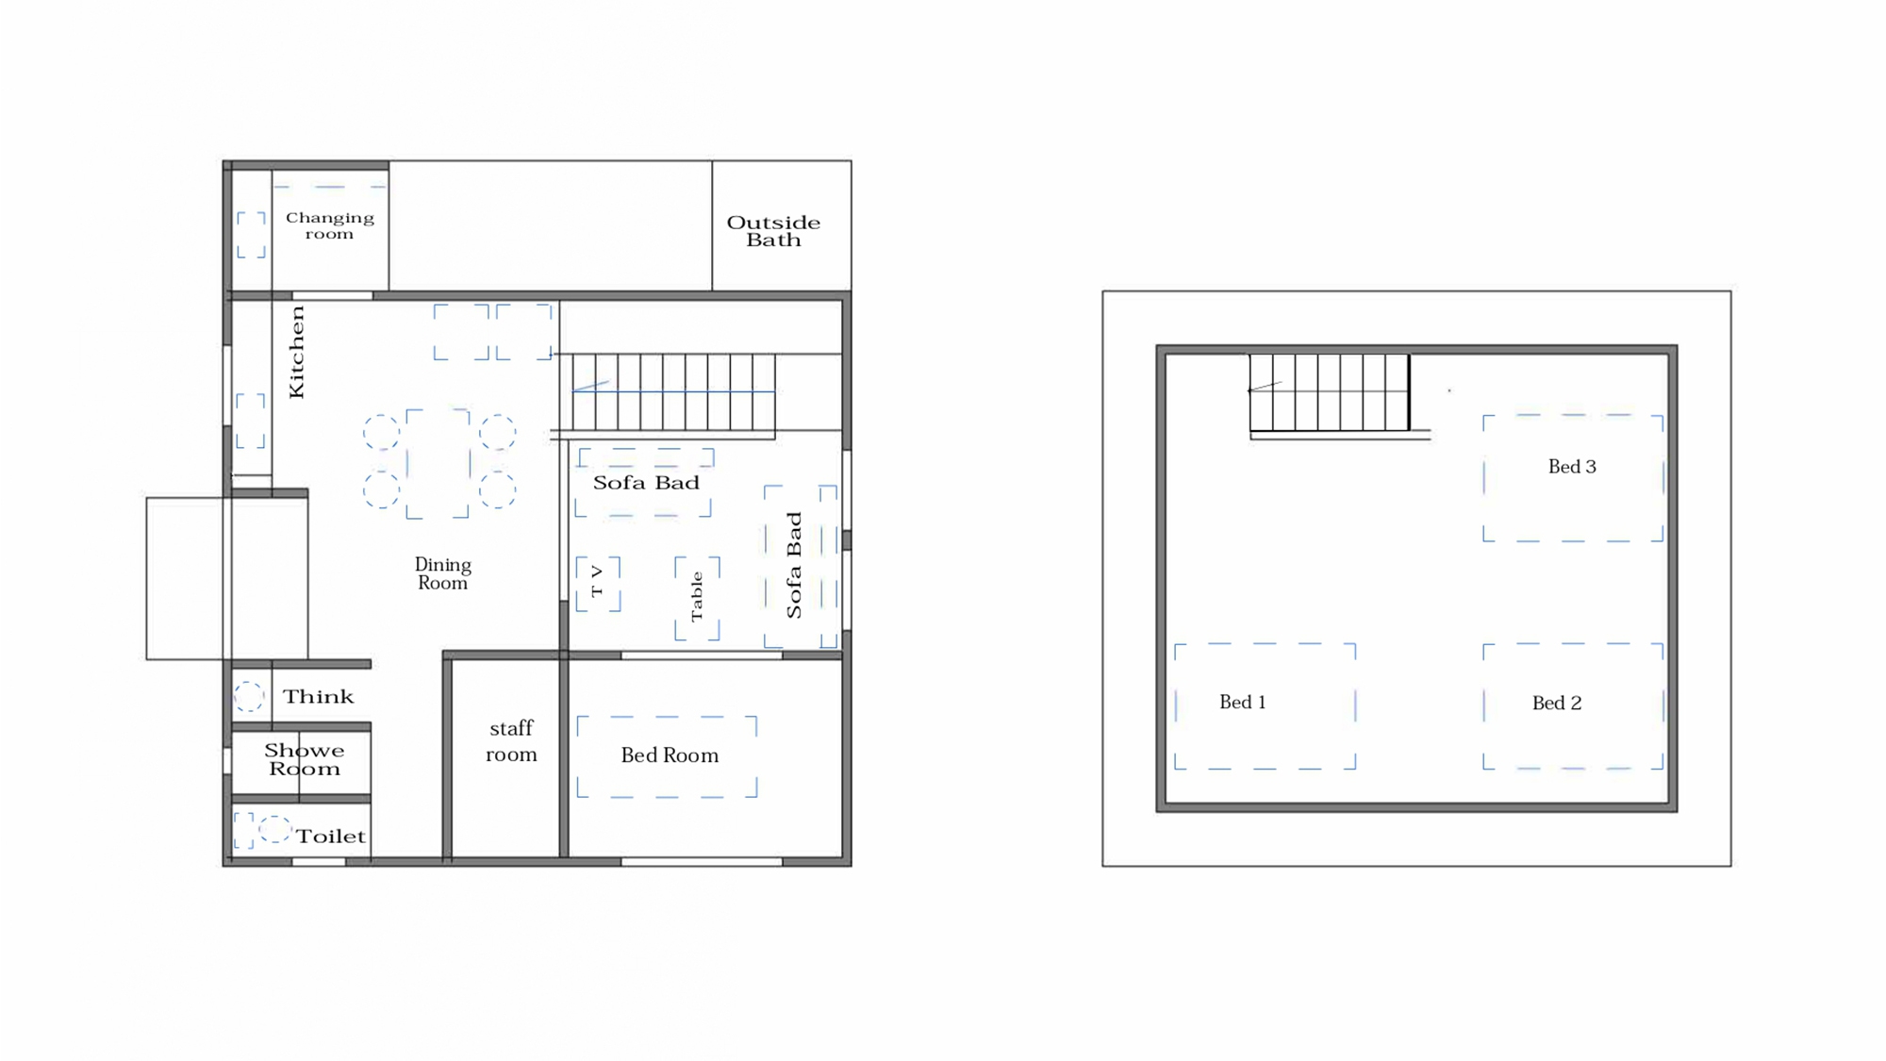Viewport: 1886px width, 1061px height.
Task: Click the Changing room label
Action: [329, 225]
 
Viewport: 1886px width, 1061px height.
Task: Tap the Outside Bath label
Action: [773, 231]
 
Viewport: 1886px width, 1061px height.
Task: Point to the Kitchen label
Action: [296, 352]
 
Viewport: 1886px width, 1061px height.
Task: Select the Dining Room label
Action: [442, 573]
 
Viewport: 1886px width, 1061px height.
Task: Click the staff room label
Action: [511, 741]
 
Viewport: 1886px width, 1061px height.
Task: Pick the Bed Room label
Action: [670, 755]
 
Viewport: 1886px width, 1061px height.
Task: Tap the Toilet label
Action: [330, 837]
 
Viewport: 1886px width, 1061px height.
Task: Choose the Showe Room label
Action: [304, 759]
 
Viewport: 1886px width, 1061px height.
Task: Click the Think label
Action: [318, 697]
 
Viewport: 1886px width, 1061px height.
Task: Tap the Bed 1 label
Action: [1243, 702]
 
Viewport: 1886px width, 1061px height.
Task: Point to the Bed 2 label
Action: [1557, 703]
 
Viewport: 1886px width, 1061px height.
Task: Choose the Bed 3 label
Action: [1572, 466]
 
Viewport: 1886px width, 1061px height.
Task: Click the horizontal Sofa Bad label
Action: [646, 483]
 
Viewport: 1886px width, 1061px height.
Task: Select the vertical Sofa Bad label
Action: [794, 565]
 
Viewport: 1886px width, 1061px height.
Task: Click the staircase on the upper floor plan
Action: [1330, 392]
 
